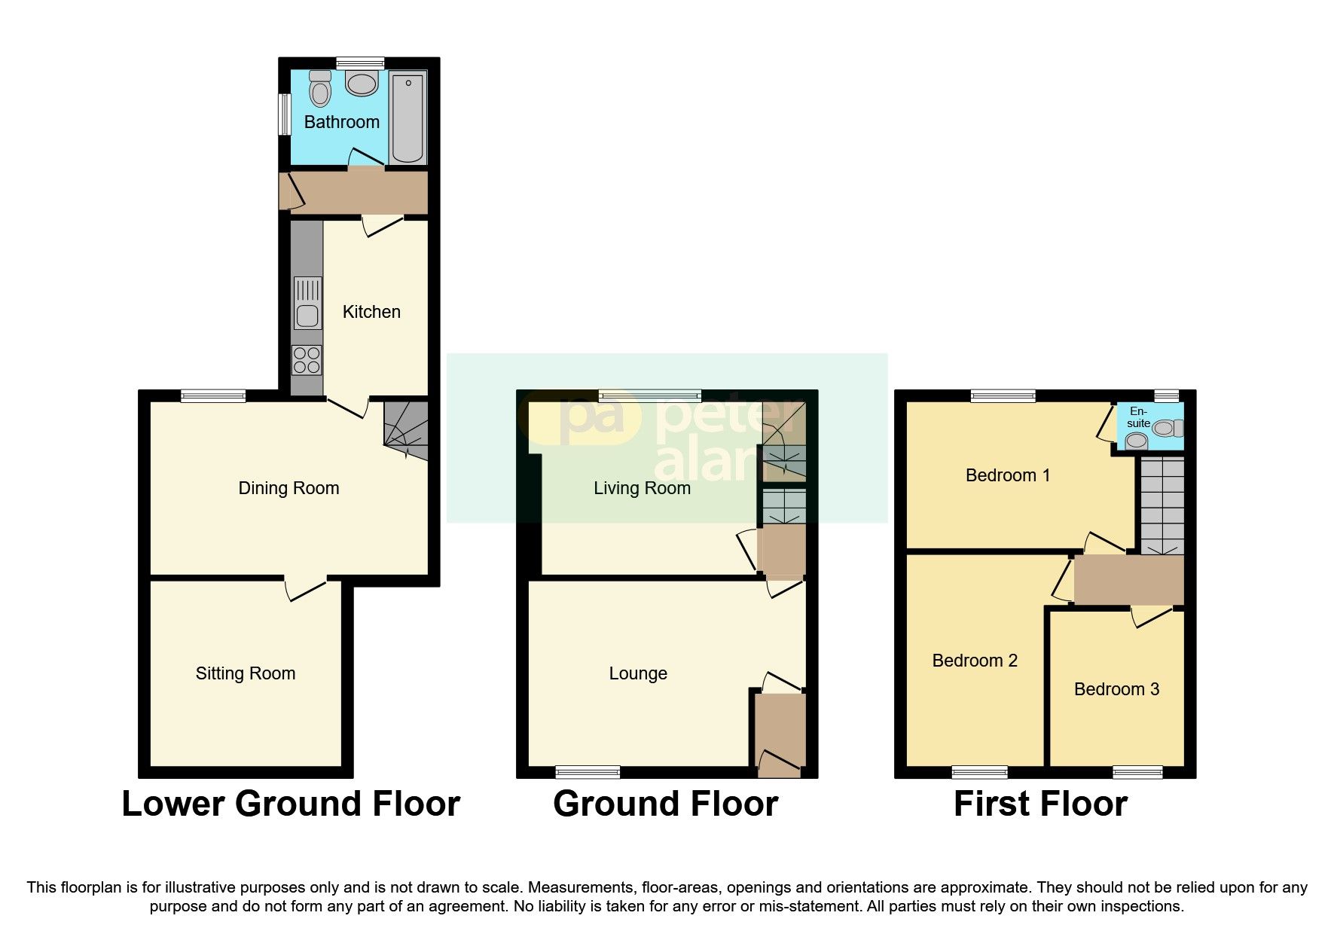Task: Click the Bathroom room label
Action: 341,122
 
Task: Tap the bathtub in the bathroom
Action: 408,117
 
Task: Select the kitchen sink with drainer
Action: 307,303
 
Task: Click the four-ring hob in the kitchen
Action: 307,359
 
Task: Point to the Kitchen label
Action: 371,312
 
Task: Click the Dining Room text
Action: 288,488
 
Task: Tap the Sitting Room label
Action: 245,673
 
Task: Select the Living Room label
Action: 642,488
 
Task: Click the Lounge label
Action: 638,673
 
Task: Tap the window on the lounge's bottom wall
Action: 588,771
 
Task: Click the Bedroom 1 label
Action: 1007,475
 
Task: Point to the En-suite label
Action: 1138,417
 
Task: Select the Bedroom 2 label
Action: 975,661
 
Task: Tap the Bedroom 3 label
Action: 1116,689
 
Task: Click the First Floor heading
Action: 1040,804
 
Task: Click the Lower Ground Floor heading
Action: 291,804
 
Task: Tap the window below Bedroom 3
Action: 1137,771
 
